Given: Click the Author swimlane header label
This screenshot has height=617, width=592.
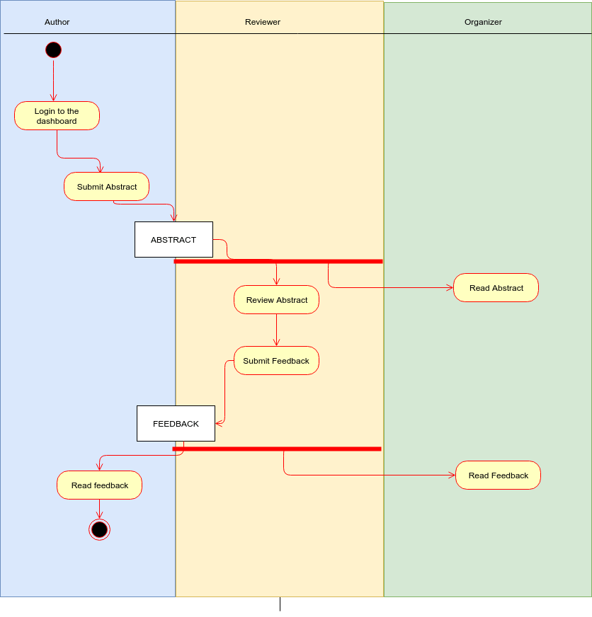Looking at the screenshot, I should [x=57, y=22].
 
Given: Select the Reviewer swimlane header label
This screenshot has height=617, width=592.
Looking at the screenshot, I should [x=263, y=22].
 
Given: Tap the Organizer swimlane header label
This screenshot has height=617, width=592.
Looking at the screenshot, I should [x=483, y=22].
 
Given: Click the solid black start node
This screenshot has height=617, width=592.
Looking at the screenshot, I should [x=53, y=50].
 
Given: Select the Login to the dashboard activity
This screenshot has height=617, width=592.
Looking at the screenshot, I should [x=57, y=116].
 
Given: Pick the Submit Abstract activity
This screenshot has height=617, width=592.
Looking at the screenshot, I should [x=106, y=187].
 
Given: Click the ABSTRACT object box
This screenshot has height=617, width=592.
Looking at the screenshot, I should [x=173, y=240].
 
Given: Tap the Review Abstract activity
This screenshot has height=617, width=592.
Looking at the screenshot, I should [x=276, y=300].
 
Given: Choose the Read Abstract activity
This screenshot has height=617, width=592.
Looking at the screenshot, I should [x=496, y=288].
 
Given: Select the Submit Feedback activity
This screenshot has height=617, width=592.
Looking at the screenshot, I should [x=276, y=361].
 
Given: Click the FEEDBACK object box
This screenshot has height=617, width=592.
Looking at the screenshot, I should [x=176, y=424].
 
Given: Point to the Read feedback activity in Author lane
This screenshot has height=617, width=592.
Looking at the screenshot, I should [x=99, y=485].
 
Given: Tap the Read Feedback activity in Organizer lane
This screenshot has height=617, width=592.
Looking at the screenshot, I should [x=498, y=475].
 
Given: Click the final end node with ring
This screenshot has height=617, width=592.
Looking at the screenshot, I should [x=99, y=529].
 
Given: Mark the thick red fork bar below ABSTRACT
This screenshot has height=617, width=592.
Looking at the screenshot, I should [x=278, y=262].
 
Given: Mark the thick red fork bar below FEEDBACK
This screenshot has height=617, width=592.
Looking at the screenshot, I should [x=277, y=449].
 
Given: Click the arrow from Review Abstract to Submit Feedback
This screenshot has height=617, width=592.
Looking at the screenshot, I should [x=276, y=330].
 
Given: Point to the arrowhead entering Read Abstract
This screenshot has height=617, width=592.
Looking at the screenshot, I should [x=449, y=288].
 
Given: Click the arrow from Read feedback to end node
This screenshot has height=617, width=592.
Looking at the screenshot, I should [x=99, y=509].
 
